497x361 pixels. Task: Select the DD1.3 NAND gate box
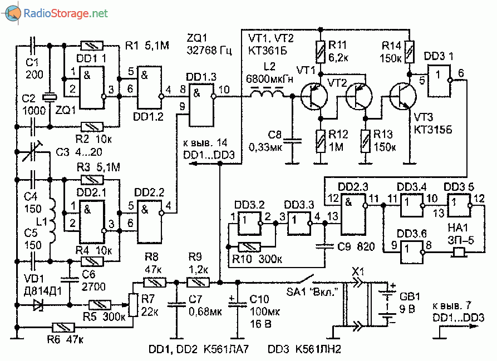[x=201, y=105]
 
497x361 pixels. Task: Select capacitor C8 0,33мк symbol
[x=291, y=139]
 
